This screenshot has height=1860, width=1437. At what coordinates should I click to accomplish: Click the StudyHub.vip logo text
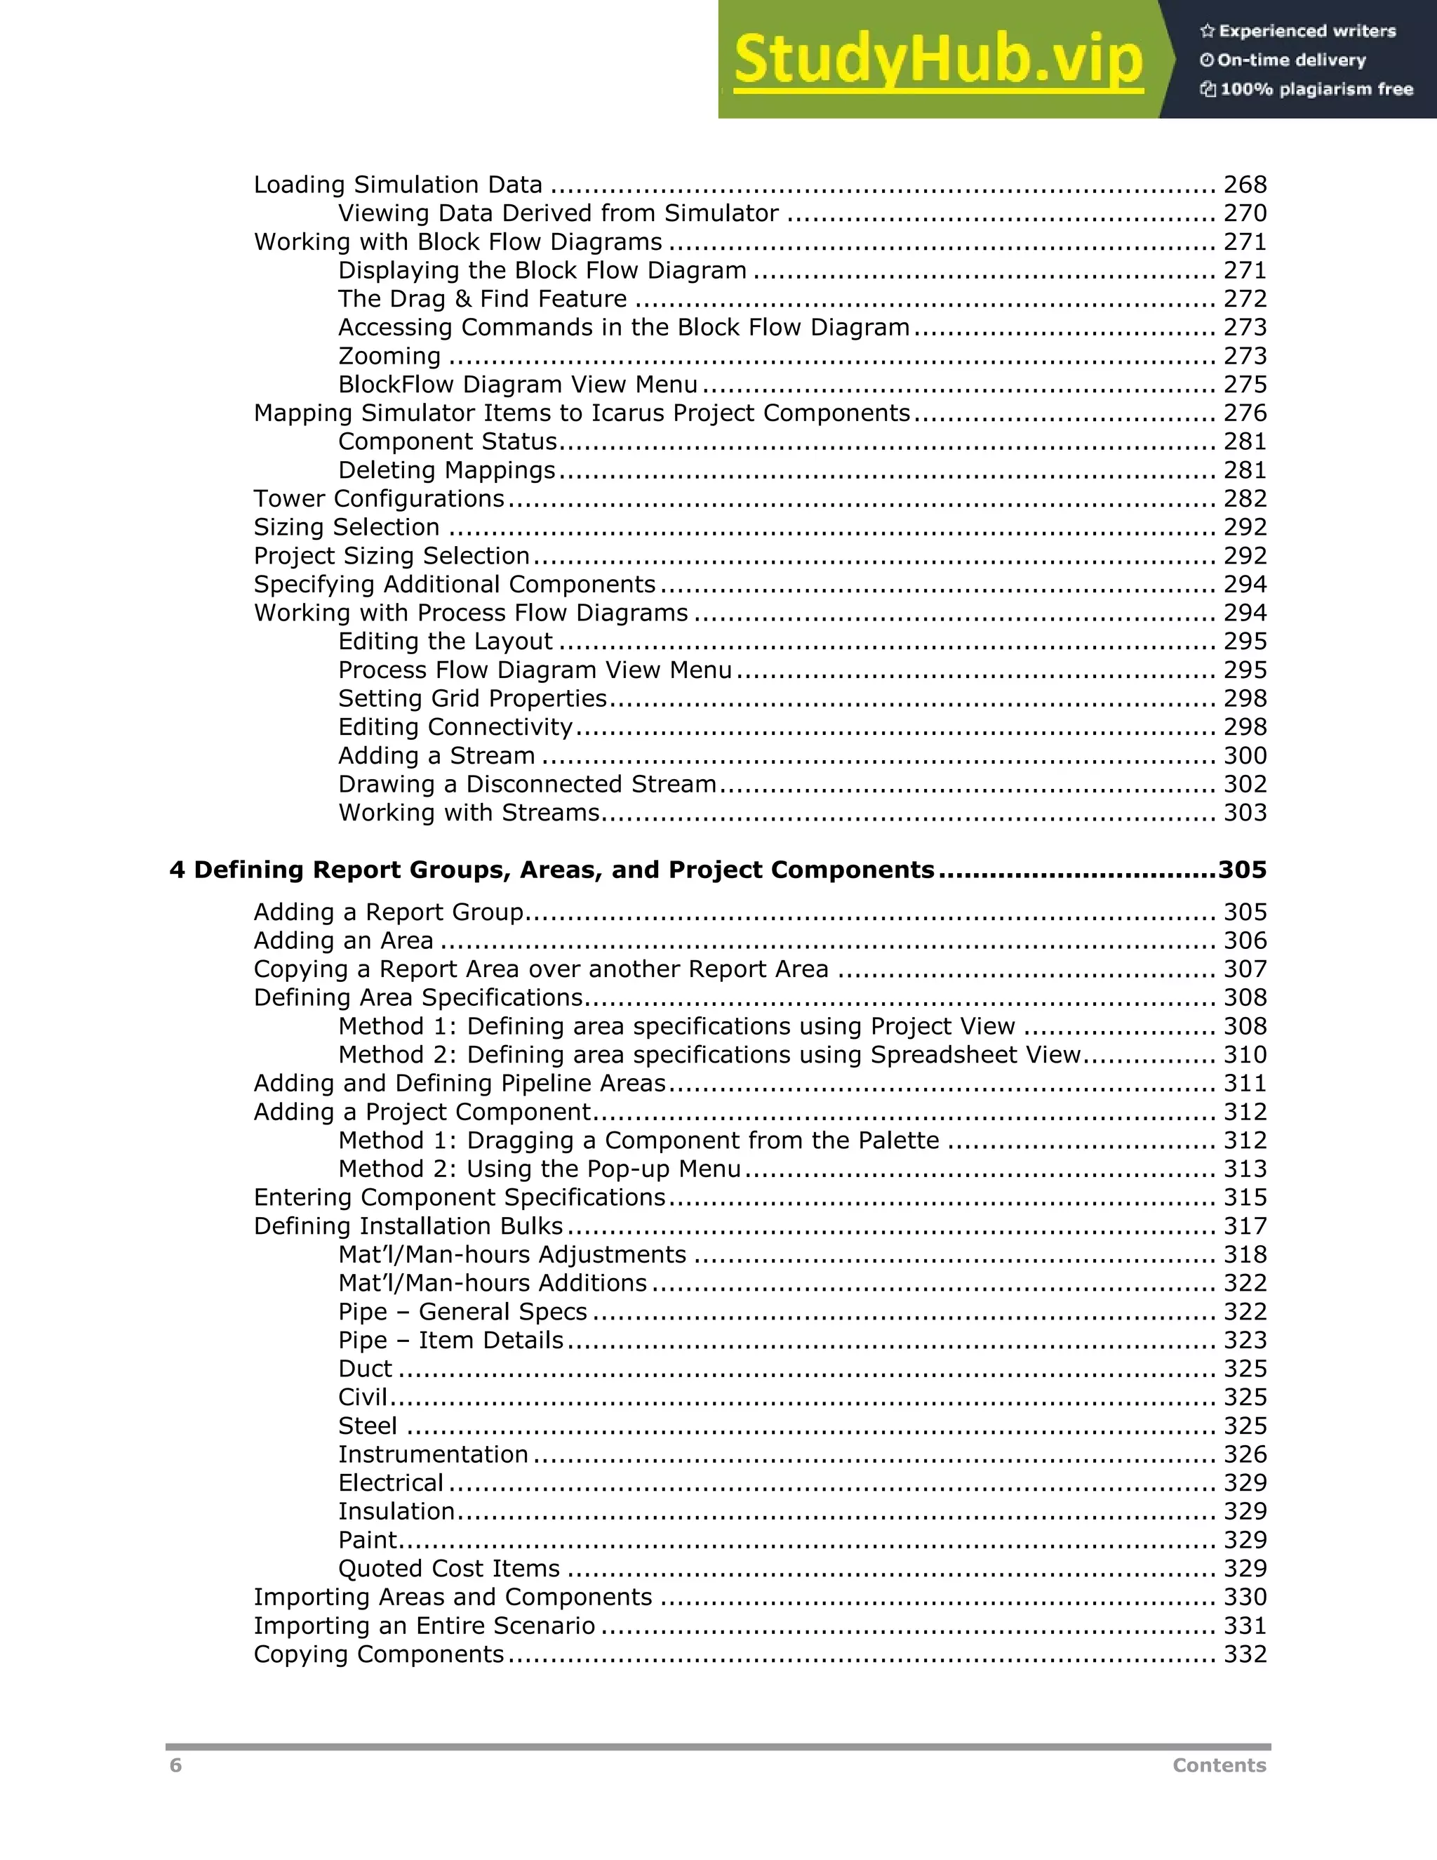[x=937, y=60]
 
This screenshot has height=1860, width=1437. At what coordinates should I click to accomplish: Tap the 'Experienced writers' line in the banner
[x=1298, y=32]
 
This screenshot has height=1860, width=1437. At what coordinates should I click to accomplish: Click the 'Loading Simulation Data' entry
[x=398, y=185]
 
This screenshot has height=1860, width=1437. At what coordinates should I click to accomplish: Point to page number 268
[x=1245, y=185]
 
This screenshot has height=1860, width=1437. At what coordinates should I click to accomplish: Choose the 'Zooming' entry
[x=389, y=356]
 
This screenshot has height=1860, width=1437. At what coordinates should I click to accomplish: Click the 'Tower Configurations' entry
[x=379, y=499]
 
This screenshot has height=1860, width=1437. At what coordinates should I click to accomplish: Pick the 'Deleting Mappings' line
[x=446, y=470]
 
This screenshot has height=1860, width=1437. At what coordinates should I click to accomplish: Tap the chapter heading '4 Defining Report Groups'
[x=552, y=870]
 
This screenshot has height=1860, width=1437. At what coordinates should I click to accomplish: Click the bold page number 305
[x=1242, y=870]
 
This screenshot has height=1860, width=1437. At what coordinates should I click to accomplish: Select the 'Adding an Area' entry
[x=343, y=941]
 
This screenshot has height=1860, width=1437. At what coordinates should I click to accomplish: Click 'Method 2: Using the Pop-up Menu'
[x=539, y=1169]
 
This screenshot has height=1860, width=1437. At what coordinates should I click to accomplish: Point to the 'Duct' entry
[x=364, y=1369]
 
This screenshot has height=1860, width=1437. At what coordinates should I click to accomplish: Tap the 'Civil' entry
[x=363, y=1397]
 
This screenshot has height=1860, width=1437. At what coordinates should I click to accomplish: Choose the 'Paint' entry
[x=367, y=1540]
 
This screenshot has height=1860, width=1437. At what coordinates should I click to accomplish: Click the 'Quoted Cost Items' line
[x=448, y=1569]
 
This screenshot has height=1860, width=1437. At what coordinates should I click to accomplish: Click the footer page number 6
[x=175, y=1765]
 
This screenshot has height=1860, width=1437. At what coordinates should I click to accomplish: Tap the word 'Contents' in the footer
[x=1219, y=1765]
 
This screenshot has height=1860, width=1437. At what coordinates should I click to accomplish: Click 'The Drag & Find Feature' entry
[x=482, y=299]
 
